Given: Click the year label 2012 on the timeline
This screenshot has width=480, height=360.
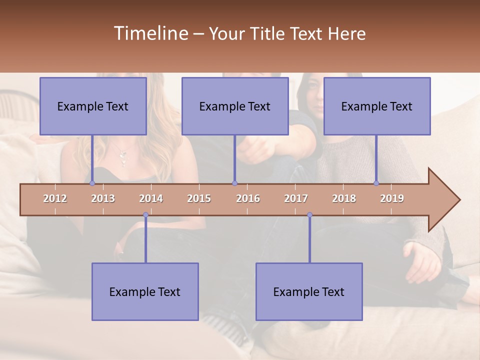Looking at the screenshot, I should [x=55, y=198].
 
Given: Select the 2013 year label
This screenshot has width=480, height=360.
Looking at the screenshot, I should [x=103, y=198].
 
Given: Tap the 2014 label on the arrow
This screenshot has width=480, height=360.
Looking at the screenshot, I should [x=151, y=198].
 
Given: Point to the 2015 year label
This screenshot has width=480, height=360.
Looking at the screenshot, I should [x=199, y=198].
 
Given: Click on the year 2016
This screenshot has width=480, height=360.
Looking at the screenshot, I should [x=248, y=198].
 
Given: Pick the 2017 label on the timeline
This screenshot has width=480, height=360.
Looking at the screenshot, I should [x=296, y=198].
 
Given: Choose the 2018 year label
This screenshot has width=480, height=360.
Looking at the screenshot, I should [x=344, y=198].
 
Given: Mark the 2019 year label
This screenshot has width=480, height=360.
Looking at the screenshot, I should [x=392, y=198].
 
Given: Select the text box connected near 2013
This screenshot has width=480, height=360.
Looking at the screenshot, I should [x=93, y=106].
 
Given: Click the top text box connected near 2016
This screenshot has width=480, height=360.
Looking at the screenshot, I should [x=235, y=106].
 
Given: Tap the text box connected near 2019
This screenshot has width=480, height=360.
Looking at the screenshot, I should [x=377, y=106].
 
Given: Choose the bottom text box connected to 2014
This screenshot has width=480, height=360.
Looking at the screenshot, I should [x=145, y=291].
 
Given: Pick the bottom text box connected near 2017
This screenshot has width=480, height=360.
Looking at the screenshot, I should [x=309, y=291].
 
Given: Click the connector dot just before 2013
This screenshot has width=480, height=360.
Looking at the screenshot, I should [x=92, y=183].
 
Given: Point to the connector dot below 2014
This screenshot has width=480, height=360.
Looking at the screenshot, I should [x=145, y=215].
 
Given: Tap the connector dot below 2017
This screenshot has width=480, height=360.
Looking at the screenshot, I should [x=309, y=215].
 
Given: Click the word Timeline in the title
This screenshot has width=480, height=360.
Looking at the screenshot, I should [x=150, y=33].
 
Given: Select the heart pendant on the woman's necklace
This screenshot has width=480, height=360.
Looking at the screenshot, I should [x=122, y=161].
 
